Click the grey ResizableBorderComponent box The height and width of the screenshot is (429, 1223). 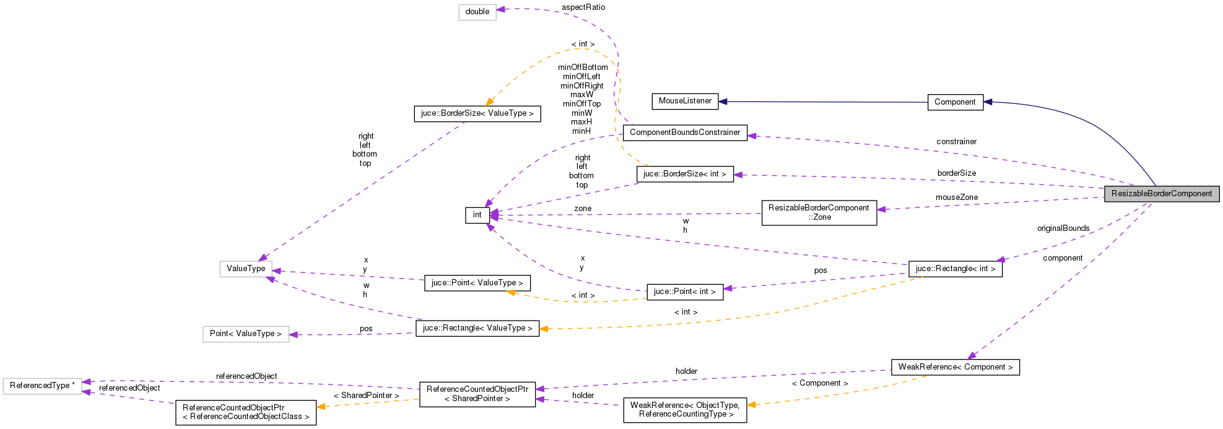1162,194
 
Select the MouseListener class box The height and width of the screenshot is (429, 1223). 685,101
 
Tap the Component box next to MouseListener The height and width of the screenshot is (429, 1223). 955,102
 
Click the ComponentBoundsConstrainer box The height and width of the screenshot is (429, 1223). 685,132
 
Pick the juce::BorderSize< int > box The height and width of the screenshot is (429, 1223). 685,174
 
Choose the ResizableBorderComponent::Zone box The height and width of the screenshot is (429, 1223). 819,212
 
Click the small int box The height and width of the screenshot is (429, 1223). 477,215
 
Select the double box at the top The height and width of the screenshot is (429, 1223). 477,12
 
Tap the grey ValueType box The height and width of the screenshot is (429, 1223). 246,269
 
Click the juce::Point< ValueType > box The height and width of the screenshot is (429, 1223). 477,283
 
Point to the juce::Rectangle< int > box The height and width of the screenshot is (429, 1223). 955,269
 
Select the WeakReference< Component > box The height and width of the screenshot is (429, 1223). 955,367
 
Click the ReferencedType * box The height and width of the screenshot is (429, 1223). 42,386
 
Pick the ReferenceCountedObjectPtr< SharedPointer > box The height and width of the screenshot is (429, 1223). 477,394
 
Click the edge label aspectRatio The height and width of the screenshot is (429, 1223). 583,7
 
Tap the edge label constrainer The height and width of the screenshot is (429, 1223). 956,142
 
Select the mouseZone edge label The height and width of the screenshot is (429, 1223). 956,197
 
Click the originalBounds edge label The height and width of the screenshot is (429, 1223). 1063,228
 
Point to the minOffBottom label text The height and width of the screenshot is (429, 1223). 583,67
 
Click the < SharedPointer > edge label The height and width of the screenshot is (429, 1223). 366,396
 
